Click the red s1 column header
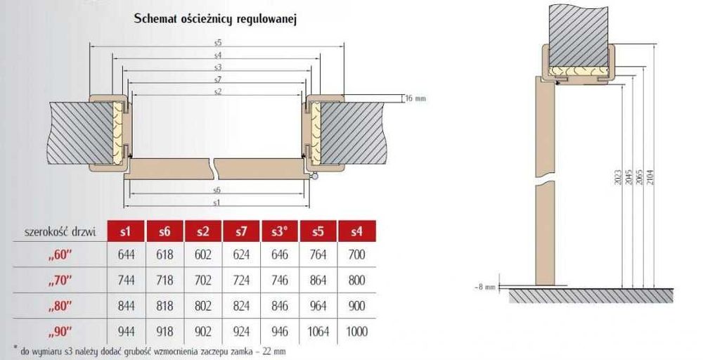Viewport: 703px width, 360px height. tap(126, 231)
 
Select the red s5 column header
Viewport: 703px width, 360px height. tap(318, 231)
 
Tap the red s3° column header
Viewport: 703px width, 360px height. tap(280, 231)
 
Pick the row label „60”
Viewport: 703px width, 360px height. tap(60, 255)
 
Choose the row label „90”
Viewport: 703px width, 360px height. tap(60, 332)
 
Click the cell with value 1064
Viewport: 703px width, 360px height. tap(318, 332)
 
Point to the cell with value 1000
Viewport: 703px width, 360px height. tap(357, 332)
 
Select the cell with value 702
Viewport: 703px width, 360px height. tap(203, 281)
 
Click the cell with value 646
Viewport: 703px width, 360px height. tap(280, 255)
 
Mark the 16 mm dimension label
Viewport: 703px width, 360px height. tap(415, 98)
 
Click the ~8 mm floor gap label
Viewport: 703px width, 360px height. tap(485, 287)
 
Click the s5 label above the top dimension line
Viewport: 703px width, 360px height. tap(218, 43)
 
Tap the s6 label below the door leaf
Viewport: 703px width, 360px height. tap(217, 190)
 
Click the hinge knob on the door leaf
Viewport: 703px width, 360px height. tap(316, 177)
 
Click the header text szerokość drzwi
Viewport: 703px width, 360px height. tap(60, 232)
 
